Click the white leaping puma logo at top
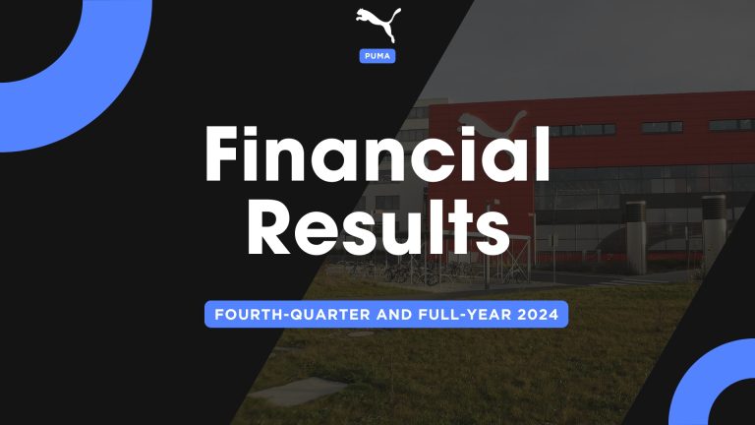coord(377,24)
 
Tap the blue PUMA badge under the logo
coord(377,55)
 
